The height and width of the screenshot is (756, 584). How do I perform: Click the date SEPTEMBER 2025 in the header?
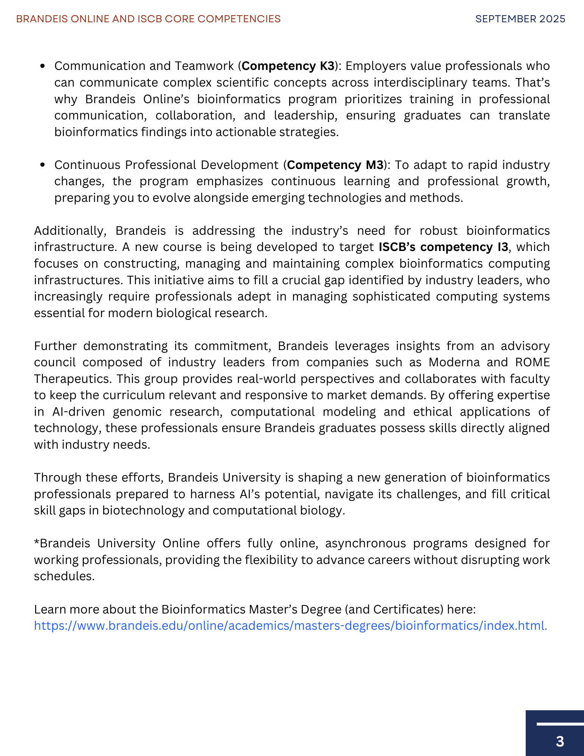pyautogui.click(x=520, y=19)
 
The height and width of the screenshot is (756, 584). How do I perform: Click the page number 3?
pyautogui.click(x=560, y=741)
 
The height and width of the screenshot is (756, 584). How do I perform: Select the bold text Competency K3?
pyautogui.click(x=288, y=66)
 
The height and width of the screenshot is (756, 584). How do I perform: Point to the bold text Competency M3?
pyautogui.click(x=335, y=165)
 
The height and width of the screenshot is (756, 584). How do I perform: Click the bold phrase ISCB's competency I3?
pyautogui.click(x=443, y=247)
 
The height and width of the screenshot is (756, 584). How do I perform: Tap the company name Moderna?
pyautogui.click(x=454, y=362)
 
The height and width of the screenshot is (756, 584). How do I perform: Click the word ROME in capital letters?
pyautogui.click(x=532, y=362)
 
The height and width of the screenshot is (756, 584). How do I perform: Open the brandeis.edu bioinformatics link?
pyautogui.click(x=290, y=626)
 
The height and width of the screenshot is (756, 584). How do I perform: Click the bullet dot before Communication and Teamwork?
pyautogui.click(x=43, y=66)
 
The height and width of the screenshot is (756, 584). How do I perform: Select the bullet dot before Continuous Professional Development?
pyautogui.click(x=43, y=165)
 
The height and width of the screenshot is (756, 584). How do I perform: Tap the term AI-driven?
pyautogui.click(x=79, y=411)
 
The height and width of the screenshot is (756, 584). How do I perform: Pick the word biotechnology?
pyautogui.click(x=143, y=510)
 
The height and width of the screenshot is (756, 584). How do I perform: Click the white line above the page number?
pyautogui.click(x=560, y=724)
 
